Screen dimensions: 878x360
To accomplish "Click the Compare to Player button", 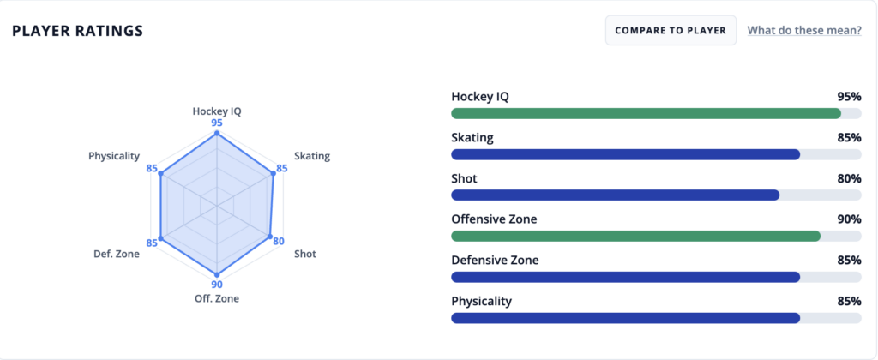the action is (671, 30).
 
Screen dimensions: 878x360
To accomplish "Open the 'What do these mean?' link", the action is (804, 30).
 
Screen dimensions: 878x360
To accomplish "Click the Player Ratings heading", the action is (78, 31).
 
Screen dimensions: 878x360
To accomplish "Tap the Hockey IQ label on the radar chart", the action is (217, 111).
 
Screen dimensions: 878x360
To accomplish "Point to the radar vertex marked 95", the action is (217, 134).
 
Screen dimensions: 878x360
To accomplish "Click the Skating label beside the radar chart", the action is (312, 156).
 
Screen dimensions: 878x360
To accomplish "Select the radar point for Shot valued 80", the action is (269, 237).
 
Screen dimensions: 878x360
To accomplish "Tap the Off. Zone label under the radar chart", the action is (217, 298).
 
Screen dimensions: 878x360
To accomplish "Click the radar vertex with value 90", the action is (217, 274).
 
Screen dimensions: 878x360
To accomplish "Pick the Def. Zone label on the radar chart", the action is (117, 255).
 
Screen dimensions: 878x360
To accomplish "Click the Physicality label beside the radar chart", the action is (114, 156).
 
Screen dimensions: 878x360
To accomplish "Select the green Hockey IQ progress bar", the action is (646, 114).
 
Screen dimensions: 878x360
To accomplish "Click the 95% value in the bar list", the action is (849, 97).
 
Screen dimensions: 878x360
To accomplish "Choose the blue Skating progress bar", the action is (625, 154).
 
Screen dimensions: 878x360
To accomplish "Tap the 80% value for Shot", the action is (849, 178).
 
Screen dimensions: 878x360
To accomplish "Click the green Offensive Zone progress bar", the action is (636, 237).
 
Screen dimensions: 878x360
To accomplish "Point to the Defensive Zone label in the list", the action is (495, 261).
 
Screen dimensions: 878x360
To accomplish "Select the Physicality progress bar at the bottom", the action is (625, 318).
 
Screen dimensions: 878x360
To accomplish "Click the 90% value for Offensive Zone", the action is (849, 219).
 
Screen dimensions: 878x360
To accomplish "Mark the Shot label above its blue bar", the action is (464, 178).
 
